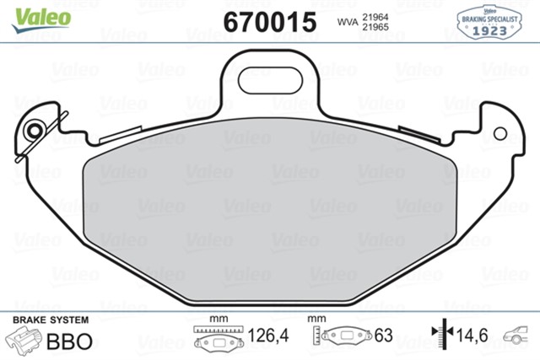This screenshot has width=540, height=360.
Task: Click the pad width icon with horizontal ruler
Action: (219, 338)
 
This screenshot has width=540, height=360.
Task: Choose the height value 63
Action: (385, 337)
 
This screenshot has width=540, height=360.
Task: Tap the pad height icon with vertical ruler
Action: (342, 337)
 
